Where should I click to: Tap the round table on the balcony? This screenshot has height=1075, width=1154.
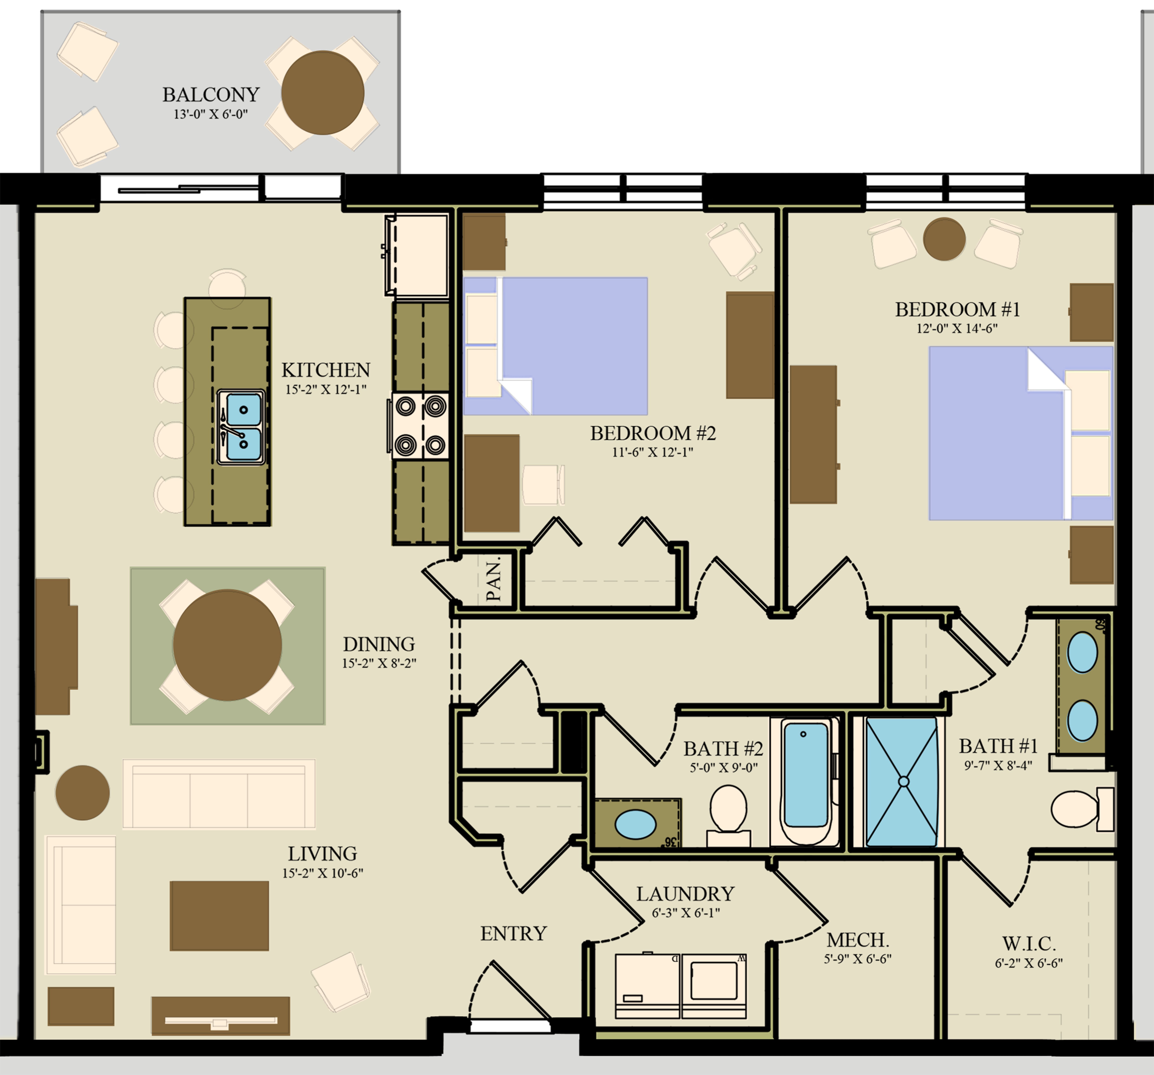coord(323,93)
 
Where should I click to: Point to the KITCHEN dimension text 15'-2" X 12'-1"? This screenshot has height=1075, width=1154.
coord(326,389)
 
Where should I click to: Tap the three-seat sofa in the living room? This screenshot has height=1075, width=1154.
coord(219,794)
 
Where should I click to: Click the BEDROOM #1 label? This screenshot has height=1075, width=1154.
coord(957,309)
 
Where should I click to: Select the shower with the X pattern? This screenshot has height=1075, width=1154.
coord(902,782)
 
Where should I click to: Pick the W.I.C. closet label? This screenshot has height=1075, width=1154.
coord(1029,943)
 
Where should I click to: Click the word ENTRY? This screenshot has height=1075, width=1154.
coord(513,933)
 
